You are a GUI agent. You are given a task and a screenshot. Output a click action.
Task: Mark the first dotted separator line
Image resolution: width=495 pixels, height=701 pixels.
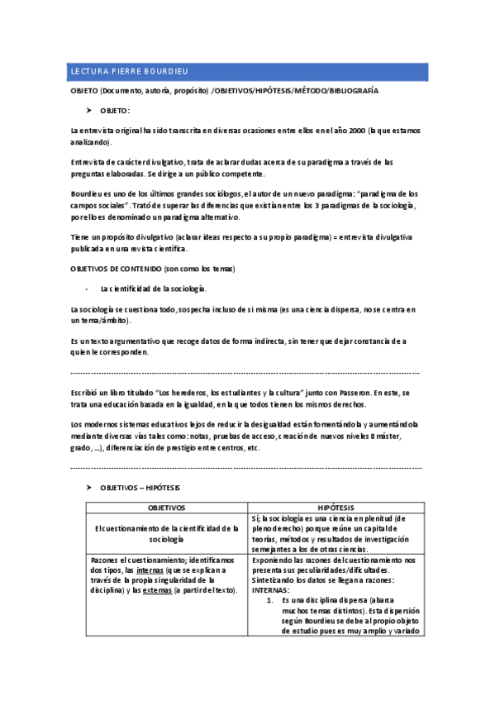point(247,371)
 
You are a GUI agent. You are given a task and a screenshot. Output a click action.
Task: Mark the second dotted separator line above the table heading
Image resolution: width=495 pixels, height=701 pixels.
point(247,467)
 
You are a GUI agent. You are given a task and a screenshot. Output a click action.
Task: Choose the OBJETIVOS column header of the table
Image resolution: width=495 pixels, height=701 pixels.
point(166,507)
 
